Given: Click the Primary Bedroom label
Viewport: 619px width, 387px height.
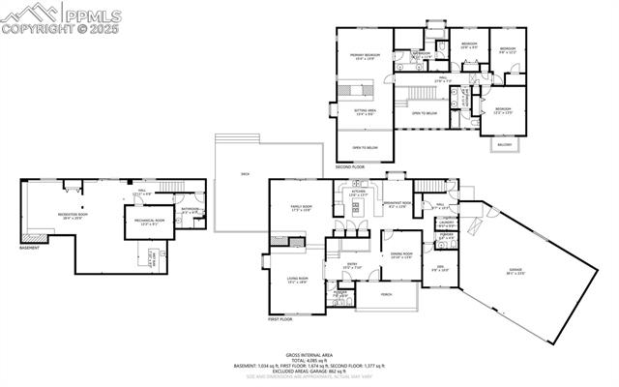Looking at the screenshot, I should (x=366, y=56).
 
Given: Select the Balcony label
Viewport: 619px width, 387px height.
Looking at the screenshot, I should (x=504, y=145).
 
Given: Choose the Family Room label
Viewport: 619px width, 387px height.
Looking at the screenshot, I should (x=302, y=208).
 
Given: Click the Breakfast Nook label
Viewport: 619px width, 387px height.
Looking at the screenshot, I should (x=399, y=205).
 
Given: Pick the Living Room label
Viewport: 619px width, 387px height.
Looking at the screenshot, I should (x=297, y=280).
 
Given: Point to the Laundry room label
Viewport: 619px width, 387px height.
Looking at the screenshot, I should (x=447, y=225).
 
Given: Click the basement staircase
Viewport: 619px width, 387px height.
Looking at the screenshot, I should (x=171, y=186).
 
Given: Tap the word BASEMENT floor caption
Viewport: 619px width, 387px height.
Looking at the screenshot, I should (x=29, y=249).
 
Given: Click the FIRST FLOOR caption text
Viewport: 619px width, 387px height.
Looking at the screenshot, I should (x=280, y=318).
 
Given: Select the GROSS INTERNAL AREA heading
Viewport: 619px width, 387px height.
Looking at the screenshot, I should (x=309, y=355).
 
